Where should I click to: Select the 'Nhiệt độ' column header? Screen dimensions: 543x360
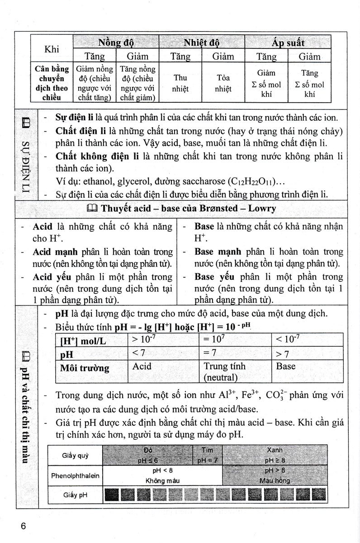click(202, 43)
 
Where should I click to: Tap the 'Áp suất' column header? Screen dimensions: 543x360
click(288, 43)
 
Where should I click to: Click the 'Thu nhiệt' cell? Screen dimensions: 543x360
click(180, 83)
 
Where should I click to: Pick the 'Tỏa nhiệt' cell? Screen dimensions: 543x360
click(223, 83)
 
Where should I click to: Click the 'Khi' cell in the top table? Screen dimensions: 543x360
click(52, 49)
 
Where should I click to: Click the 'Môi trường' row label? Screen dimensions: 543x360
click(84, 368)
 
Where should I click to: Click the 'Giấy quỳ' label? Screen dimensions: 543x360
click(75, 456)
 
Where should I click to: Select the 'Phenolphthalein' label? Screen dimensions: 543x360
click(75, 476)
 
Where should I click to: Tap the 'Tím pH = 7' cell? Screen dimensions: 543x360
click(207, 456)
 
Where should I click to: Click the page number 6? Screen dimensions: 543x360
click(24, 526)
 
